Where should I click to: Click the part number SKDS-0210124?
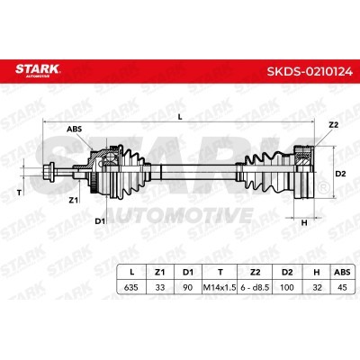pos(310,72)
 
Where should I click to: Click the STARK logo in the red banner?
pos(38,70)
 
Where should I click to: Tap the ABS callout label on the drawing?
pos(74,130)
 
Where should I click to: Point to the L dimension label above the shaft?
pos(180,117)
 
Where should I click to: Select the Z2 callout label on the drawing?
pos(333,125)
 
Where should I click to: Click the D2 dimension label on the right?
pos(340,174)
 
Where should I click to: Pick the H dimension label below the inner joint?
pos(304,223)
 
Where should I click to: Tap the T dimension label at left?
pos(20,193)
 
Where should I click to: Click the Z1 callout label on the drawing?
pos(74,200)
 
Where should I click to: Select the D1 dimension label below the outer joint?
pos(100,221)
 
